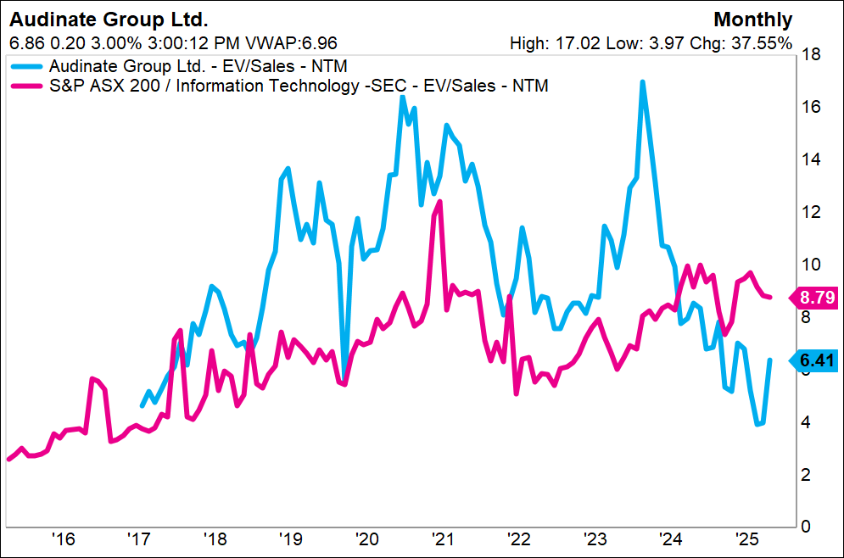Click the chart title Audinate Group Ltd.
(x=109, y=20)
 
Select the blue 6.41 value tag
(x=816, y=360)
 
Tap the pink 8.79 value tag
(x=816, y=297)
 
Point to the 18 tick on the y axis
(x=811, y=55)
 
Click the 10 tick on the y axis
(x=811, y=265)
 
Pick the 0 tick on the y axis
(x=807, y=527)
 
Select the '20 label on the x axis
(x=367, y=539)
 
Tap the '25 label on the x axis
(x=747, y=539)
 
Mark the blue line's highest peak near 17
(x=642, y=82)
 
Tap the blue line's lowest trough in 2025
(x=757, y=424)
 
